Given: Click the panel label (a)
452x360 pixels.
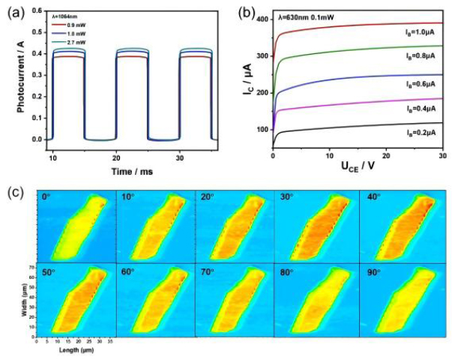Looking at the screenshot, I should click(x=15, y=10).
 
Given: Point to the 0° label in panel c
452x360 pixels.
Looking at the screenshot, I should click(x=47, y=196).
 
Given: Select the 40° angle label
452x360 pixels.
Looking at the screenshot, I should click(x=373, y=196).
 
